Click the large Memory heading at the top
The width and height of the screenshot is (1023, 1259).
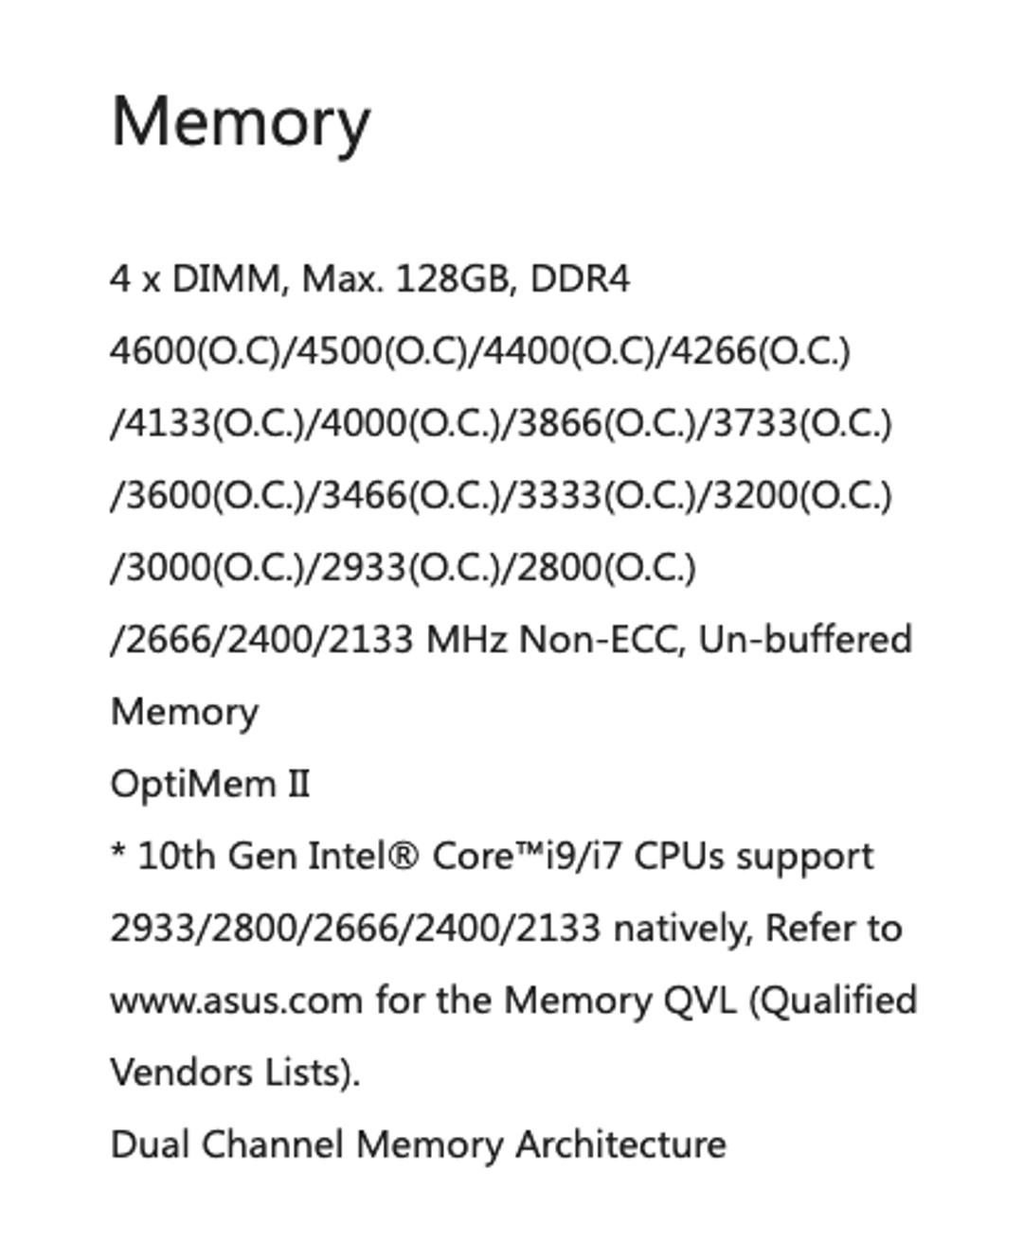pyautogui.click(x=241, y=124)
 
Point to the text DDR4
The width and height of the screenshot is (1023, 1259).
pyautogui.click(x=580, y=278)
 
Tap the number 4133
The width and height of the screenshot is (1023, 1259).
pyautogui.click(x=169, y=423)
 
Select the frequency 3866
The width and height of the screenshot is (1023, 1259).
pyautogui.click(x=560, y=423)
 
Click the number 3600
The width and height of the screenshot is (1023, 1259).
pyautogui.click(x=169, y=495)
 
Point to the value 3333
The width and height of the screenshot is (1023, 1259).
pyautogui.click(x=560, y=495)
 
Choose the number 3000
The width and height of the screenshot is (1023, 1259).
pyautogui.click(x=169, y=567)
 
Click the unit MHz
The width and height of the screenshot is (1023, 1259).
pyautogui.click(x=467, y=640)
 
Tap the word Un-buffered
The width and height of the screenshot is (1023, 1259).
pyautogui.click(x=805, y=640)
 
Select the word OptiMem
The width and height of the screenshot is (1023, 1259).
pyautogui.click(x=193, y=785)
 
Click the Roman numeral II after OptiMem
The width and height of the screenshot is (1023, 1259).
pyautogui.click(x=298, y=785)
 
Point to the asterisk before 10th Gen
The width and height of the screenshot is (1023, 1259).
pyautogui.click(x=117, y=850)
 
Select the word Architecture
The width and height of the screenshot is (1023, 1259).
pyautogui.click(x=620, y=1144)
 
